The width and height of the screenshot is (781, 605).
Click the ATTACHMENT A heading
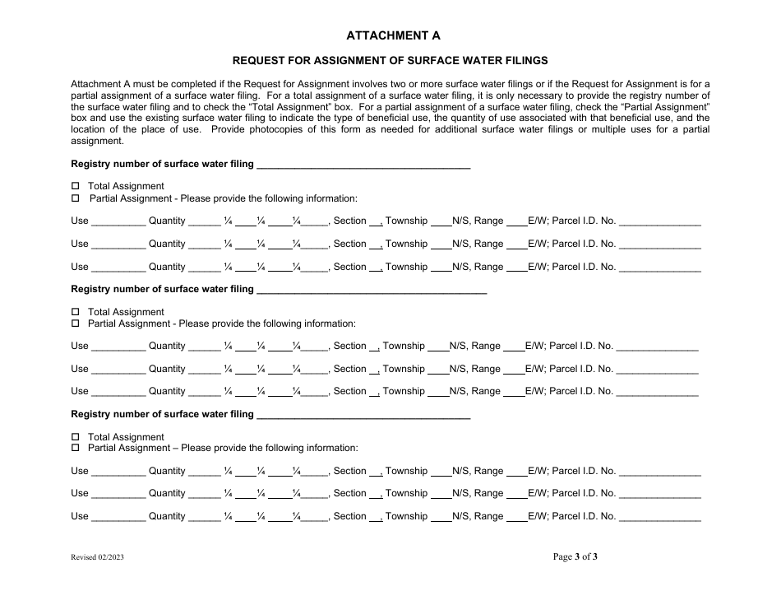click(x=392, y=35)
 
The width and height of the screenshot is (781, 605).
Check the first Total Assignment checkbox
click(x=76, y=186)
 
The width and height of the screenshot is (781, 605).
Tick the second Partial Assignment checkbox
click(x=76, y=324)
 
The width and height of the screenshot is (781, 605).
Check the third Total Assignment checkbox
click(x=76, y=437)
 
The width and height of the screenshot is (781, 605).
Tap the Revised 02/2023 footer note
click(x=97, y=557)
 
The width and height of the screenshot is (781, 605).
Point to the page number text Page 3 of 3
click(x=575, y=556)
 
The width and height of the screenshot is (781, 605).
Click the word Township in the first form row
click(x=406, y=221)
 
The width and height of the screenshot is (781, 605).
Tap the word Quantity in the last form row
click(x=167, y=516)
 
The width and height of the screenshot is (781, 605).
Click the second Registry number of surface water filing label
click(x=163, y=289)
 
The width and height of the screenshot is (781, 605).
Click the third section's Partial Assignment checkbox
click(x=76, y=449)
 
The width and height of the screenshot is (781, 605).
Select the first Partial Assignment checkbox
click(x=76, y=198)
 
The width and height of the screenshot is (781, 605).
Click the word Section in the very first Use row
click(x=349, y=221)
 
